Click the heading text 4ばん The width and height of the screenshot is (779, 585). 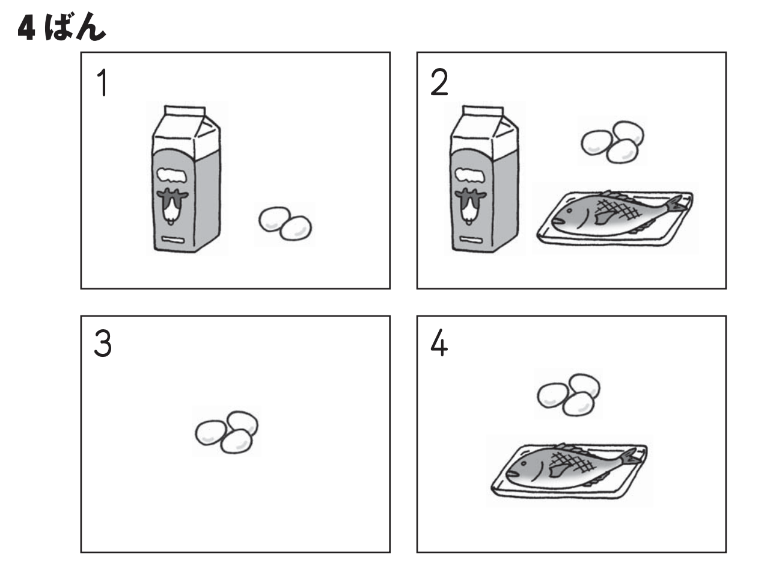click(x=62, y=26)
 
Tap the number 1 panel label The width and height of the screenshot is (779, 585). click(x=103, y=82)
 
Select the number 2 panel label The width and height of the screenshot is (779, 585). click(x=439, y=82)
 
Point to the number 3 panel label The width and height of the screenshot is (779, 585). click(x=103, y=343)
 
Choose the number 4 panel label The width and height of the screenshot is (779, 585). click(x=439, y=343)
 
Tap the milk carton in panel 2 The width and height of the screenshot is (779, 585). click(x=484, y=179)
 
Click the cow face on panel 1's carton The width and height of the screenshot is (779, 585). click(x=172, y=206)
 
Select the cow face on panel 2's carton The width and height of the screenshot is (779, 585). click(x=470, y=206)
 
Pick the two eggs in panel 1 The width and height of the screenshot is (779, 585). click(x=286, y=224)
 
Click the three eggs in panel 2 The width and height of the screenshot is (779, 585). click(x=612, y=142)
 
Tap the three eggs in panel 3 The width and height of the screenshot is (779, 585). click(x=227, y=432)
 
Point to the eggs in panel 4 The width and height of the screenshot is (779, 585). click(x=569, y=395)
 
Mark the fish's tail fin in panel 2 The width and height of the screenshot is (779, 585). click(x=677, y=204)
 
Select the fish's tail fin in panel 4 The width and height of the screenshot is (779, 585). click(x=631, y=457)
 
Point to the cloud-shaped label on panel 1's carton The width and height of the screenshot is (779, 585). click(x=172, y=175)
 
